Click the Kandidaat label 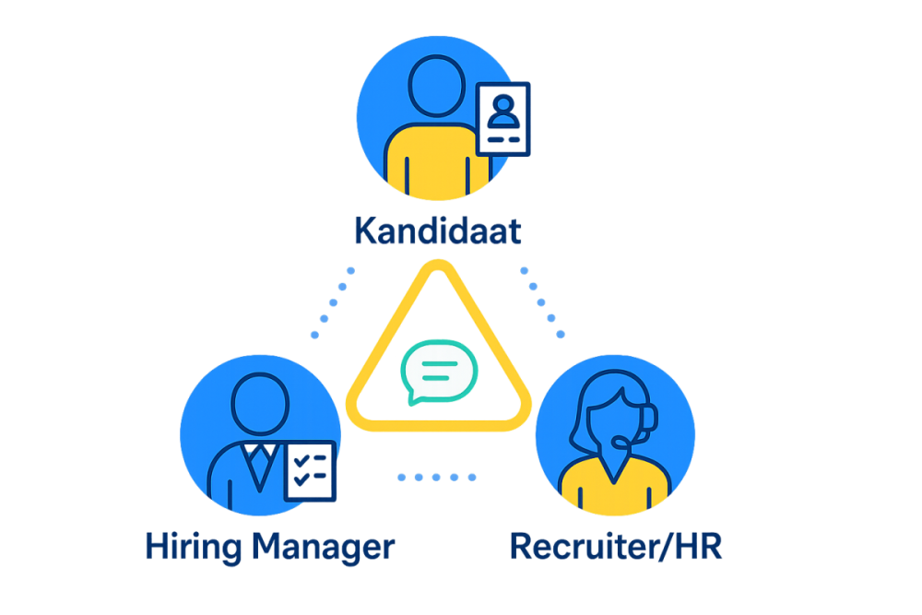438,231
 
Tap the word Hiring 194,548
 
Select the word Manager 324,548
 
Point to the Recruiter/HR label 616,546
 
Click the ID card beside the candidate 503,119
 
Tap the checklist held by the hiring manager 311,471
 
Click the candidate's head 436,86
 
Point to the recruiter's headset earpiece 650,418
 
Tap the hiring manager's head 261,404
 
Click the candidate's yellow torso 437,160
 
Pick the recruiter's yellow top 614,485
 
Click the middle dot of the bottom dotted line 436,478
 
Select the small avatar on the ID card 503,112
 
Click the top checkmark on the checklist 301,460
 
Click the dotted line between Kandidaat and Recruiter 542,302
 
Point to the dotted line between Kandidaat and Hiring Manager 333,302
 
